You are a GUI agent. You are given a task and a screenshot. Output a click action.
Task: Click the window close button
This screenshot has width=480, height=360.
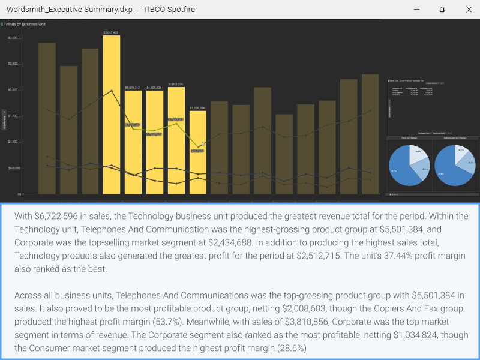469,10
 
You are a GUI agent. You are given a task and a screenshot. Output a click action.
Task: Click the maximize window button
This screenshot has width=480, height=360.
442,10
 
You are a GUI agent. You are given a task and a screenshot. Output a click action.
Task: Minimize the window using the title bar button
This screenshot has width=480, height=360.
416,10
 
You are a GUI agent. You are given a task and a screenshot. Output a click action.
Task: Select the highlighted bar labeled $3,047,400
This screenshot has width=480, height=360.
111,114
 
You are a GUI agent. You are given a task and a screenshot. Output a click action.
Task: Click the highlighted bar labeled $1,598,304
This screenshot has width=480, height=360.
197,153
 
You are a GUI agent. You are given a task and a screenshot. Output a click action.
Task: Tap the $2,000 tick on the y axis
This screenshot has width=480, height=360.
13,90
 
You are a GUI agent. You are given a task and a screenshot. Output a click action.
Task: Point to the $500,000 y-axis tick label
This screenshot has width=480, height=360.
13,168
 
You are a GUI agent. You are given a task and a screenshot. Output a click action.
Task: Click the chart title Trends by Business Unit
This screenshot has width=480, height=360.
25,24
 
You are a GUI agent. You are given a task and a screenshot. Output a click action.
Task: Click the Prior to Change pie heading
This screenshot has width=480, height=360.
409,138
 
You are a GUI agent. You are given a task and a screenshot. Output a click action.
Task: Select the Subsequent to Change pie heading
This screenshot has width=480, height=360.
455,138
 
